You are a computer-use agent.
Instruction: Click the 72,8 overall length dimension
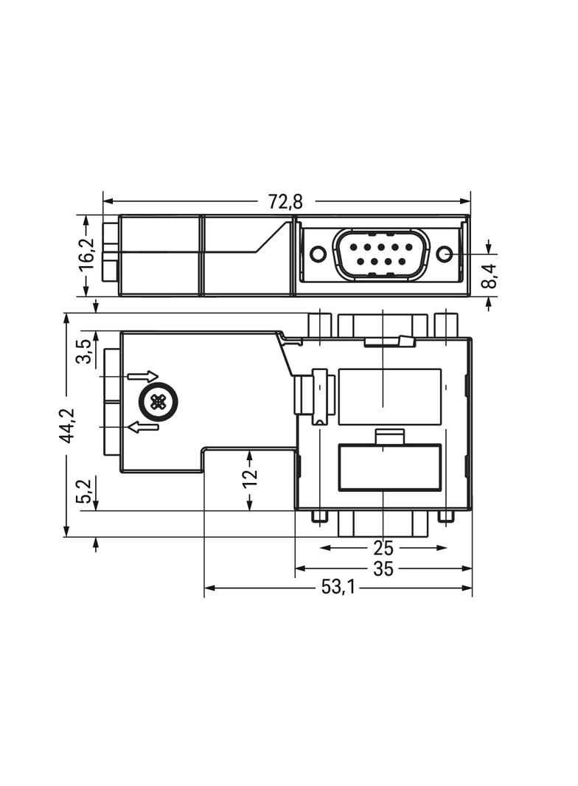[x=285, y=201]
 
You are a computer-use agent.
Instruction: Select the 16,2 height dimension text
[x=87, y=255]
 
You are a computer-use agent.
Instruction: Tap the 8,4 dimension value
[x=489, y=277]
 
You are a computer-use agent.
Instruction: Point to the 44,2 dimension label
[x=67, y=425]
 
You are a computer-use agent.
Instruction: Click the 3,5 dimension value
[x=85, y=350]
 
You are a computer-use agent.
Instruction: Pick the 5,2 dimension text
[x=85, y=491]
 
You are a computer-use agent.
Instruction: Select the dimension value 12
[x=251, y=477]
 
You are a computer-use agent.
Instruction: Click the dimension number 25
[x=383, y=548]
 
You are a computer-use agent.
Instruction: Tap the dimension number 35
[x=383, y=568]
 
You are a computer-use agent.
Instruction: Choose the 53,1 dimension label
[x=338, y=588]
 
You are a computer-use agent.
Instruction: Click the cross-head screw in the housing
[x=158, y=402]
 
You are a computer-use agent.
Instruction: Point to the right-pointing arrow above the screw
[x=142, y=377]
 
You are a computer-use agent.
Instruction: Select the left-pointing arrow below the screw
[x=143, y=427]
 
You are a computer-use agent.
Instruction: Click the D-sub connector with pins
[x=380, y=254]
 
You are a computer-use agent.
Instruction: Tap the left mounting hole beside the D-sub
[x=318, y=254]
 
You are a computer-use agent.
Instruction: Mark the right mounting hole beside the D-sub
[x=444, y=254]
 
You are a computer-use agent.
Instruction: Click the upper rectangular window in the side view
[x=389, y=397]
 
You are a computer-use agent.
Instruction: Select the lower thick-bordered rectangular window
[x=389, y=467]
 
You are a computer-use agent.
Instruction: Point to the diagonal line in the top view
[x=271, y=237]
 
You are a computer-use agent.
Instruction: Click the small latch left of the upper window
[x=319, y=397]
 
